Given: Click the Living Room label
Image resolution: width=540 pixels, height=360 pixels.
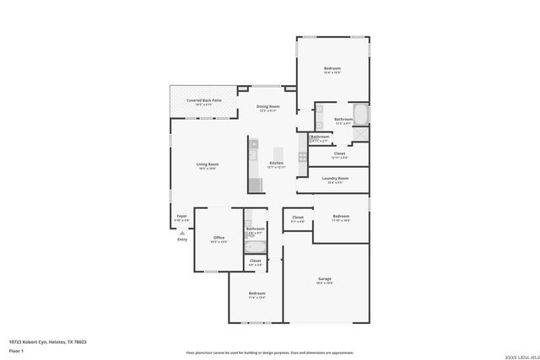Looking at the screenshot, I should tap(207, 166).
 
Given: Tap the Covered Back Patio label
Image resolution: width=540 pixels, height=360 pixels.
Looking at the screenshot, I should tap(204, 101).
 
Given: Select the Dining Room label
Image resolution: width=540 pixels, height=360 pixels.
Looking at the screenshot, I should tap(267, 108).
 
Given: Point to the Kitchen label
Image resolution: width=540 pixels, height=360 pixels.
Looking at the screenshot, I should tap(276, 164).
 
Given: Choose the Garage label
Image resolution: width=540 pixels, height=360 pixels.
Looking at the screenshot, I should tap(325, 280).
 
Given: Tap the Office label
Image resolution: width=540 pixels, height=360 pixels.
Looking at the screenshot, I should tap(219, 239).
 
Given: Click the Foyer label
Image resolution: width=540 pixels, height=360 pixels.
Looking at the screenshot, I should tap(181, 218).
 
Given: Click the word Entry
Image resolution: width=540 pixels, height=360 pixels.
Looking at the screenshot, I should tap(181, 240).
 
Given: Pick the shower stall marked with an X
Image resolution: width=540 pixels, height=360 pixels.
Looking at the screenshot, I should tap(360, 135).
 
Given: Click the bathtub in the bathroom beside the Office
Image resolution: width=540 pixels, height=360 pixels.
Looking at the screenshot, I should tap(254, 246).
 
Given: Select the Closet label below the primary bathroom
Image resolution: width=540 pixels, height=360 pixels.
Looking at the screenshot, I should tap(339, 154).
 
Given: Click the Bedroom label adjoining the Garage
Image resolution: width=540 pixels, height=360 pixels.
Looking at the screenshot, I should tap(340, 218).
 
